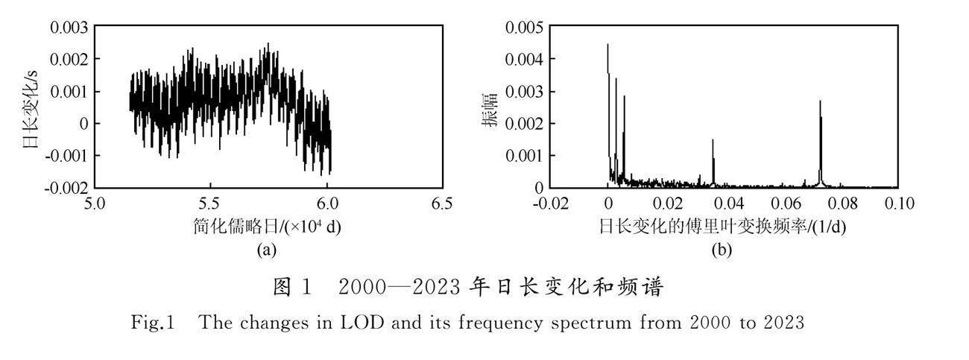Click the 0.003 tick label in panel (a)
69,28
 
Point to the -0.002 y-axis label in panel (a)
66,189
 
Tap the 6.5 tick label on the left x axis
442,203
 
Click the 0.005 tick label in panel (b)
524,28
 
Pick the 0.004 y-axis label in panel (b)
524,60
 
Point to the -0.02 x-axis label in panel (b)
551,203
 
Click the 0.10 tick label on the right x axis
900,203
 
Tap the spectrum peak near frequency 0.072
820,101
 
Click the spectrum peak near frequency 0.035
713,140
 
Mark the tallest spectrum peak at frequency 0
607,45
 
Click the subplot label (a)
266,250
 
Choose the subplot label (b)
722,250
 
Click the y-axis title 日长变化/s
31,109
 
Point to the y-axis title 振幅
490,110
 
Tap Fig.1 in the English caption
153,323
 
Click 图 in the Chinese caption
282,287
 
